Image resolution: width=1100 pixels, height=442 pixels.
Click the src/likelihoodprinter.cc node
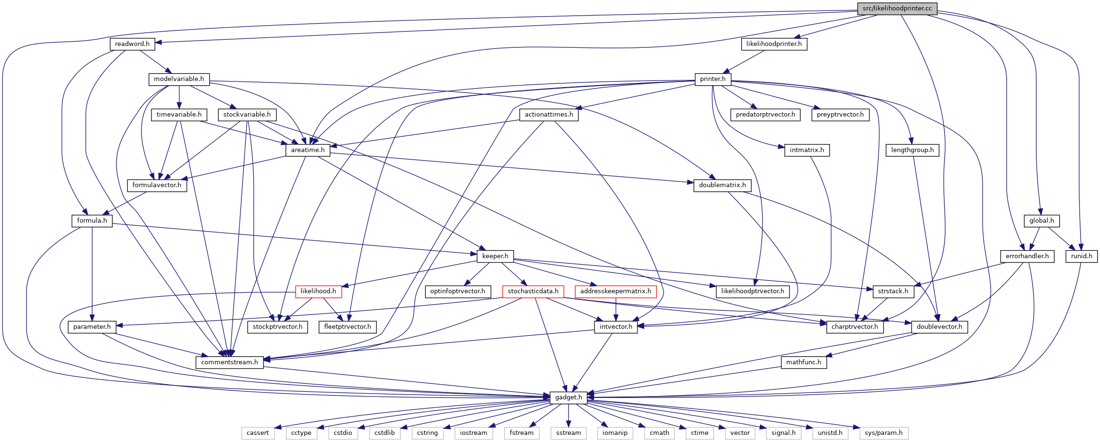click(x=897, y=9)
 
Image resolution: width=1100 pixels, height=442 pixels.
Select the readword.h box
click(x=132, y=44)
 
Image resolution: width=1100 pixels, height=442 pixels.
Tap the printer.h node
click(x=713, y=79)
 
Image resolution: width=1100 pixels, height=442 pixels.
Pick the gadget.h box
click(x=568, y=397)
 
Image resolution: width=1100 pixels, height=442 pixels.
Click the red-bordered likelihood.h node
click(x=318, y=291)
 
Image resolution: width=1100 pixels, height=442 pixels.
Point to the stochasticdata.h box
click(x=533, y=291)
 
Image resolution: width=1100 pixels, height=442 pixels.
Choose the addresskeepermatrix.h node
click(x=616, y=291)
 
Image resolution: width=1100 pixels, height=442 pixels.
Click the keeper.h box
click(x=495, y=256)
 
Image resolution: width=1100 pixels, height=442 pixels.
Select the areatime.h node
click(x=308, y=150)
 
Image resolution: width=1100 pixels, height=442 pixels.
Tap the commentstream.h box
click(x=230, y=362)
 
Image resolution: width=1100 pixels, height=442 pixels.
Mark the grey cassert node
click(x=257, y=433)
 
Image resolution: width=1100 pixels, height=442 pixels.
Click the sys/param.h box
click(x=884, y=433)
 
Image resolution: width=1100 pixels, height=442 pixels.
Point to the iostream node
click(x=473, y=433)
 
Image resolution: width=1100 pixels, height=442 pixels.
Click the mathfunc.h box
click(x=804, y=362)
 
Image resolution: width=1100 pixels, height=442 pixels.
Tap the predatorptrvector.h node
click(x=765, y=115)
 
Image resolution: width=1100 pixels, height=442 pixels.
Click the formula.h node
click(x=92, y=221)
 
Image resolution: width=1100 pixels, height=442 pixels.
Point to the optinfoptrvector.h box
click(x=457, y=291)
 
